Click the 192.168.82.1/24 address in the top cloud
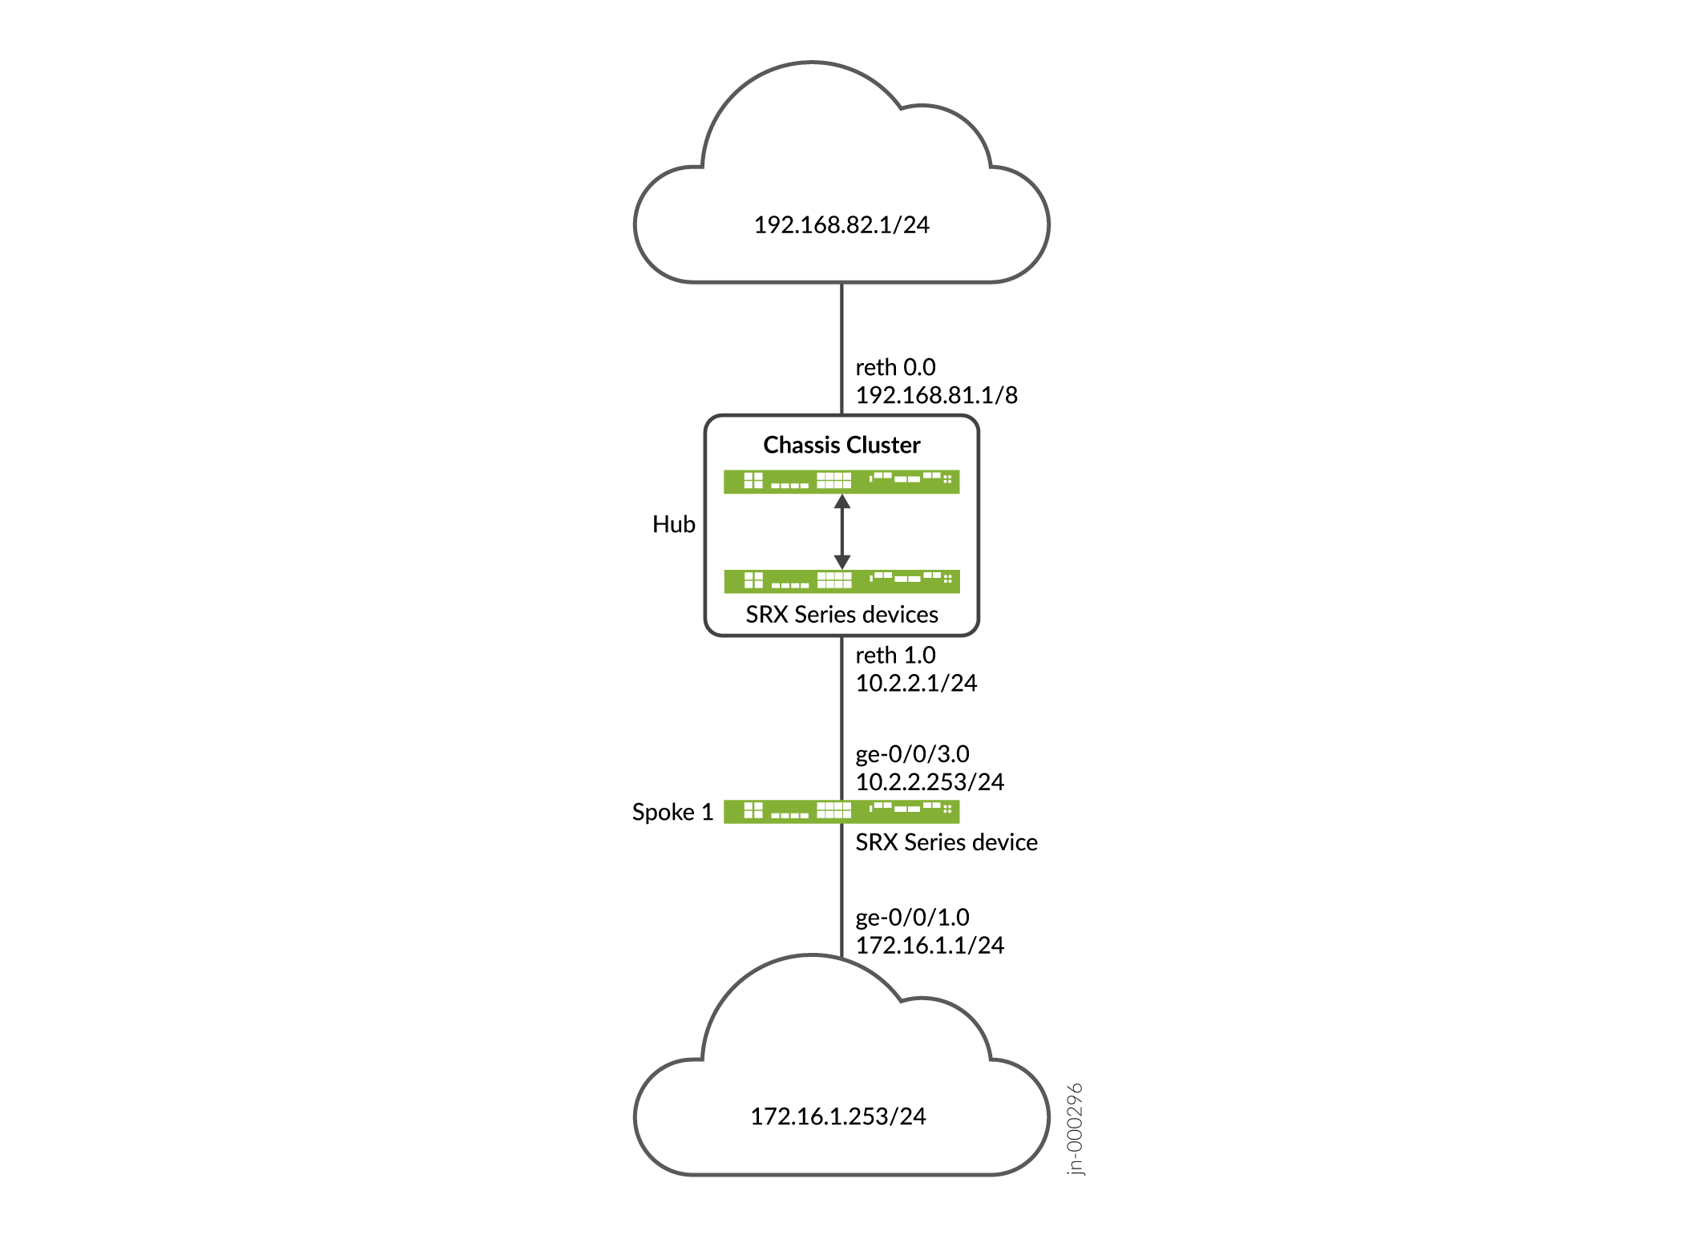point(841,225)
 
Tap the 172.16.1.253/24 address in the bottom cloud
point(837,1116)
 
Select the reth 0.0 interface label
point(895,367)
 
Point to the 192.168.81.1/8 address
point(936,395)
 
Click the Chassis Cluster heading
point(841,445)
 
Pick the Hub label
point(673,524)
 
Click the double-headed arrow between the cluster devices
point(841,531)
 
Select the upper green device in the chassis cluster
point(841,482)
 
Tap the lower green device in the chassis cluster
point(841,581)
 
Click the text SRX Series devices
point(841,615)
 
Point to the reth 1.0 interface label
point(895,656)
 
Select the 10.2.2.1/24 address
point(916,684)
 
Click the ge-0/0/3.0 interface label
point(912,754)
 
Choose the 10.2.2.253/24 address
point(930,782)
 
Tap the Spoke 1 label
point(672,813)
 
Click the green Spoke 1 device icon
point(841,812)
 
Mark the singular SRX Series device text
point(946,842)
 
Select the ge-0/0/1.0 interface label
point(912,918)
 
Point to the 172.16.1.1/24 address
point(930,946)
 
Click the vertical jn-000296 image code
point(1076,1128)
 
